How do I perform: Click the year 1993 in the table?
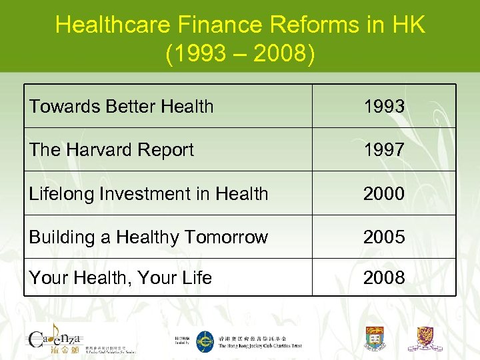pyautogui.click(x=383, y=106)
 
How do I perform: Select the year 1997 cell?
pyautogui.click(x=383, y=150)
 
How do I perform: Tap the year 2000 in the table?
pyautogui.click(x=383, y=194)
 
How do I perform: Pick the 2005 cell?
pyautogui.click(x=383, y=237)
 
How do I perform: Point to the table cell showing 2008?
pyautogui.click(x=383, y=277)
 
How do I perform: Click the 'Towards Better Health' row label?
pyautogui.click(x=121, y=106)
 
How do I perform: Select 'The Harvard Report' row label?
pyautogui.click(x=111, y=150)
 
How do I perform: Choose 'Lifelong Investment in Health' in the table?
pyautogui.click(x=148, y=194)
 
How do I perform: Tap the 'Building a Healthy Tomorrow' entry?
pyautogui.click(x=148, y=237)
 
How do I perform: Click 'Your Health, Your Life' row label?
pyautogui.click(x=120, y=277)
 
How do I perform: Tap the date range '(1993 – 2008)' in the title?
pyautogui.click(x=240, y=53)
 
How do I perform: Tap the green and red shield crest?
pyautogui.click(x=375, y=338)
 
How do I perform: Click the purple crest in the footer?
pyautogui.click(x=429, y=338)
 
